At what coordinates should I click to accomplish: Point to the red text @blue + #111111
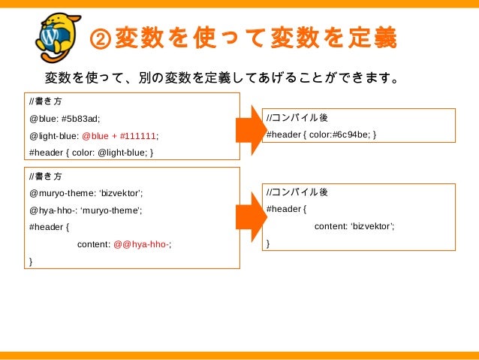[119, 136]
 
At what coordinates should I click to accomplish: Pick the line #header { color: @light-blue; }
[91, 153]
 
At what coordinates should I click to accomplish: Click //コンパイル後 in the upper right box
[297, 118]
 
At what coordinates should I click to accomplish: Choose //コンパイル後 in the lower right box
[297, 192]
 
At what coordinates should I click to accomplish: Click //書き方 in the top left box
[46, 101]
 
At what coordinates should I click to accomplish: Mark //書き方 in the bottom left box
[46, 175]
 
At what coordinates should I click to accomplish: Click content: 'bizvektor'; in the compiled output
[354, 226]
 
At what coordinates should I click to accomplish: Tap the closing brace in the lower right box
[269, 244]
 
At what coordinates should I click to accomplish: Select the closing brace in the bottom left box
[31, 261]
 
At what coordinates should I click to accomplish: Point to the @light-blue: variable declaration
[53, 136]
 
